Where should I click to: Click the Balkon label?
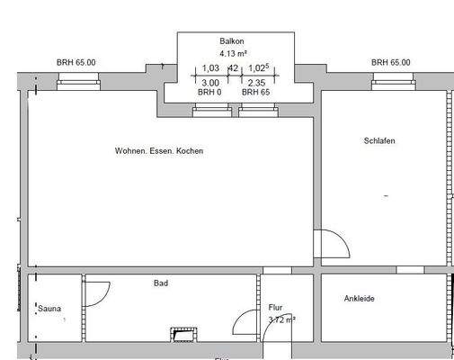click(232, 41)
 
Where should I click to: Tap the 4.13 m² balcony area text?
click(233, 54)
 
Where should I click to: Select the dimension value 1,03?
click(210, 68)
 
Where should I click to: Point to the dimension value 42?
click(233, 68)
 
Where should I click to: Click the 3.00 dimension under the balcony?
click(209, 83)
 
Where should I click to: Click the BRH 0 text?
click(209, 93)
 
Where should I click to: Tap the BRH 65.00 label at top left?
click(76, 62)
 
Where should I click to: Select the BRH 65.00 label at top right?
click(390, 62)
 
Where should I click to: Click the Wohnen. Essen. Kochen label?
click(159, 151)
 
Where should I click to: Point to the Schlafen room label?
click(379, 141)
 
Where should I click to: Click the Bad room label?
click(161, 283)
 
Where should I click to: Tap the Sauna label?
click(49, 309)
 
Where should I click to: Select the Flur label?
click(275, 308)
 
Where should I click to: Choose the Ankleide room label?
click(360, 299)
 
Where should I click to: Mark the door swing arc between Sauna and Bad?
click(97, 293)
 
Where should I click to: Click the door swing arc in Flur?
click(244, 324)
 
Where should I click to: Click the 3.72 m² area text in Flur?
click(282, 319)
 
